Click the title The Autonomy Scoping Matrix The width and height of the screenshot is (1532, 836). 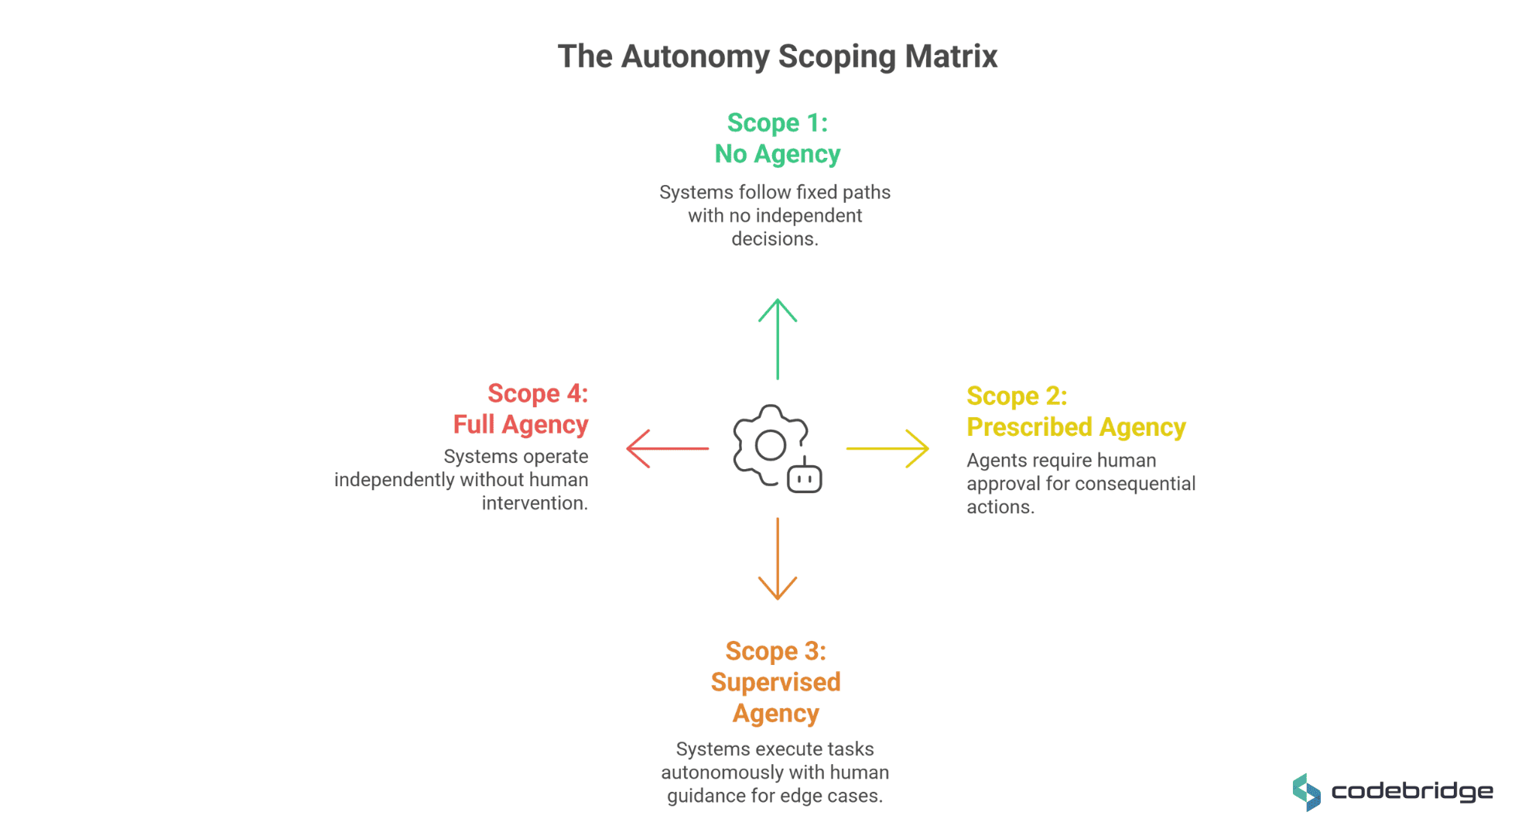click(x=777, y=57)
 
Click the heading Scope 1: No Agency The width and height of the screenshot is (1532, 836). click(x=777, y=139)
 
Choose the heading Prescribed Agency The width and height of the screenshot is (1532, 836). click(x=1075, y=427)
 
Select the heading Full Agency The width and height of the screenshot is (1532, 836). click(x=520, y=424)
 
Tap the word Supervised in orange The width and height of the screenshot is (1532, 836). click(x=775, y=682)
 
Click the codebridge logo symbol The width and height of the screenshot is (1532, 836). click(x=1307, y=792)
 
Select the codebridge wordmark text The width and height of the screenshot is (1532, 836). click(x=1412, y=792)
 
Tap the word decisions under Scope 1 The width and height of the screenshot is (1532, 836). click(x=775, y=239)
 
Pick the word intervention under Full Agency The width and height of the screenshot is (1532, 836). click(x=534, y=503)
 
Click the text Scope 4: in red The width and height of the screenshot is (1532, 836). click(x=538, y=393)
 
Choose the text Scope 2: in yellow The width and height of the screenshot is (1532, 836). click(x=1017, y=396)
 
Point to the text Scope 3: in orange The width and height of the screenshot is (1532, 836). click(x=775, y=651)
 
